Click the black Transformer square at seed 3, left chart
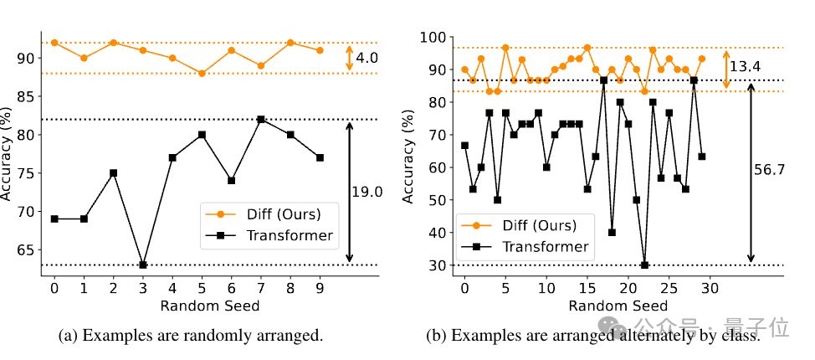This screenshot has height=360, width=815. [142, 265]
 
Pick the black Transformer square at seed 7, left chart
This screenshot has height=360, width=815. [261, 119]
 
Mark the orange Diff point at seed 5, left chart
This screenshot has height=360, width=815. [202, 74]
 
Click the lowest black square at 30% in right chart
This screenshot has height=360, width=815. [644, 265]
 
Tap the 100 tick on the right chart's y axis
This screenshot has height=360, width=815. [438, 38]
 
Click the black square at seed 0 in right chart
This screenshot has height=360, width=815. [464, 145]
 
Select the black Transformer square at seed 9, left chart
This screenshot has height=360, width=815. [320, 157]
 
